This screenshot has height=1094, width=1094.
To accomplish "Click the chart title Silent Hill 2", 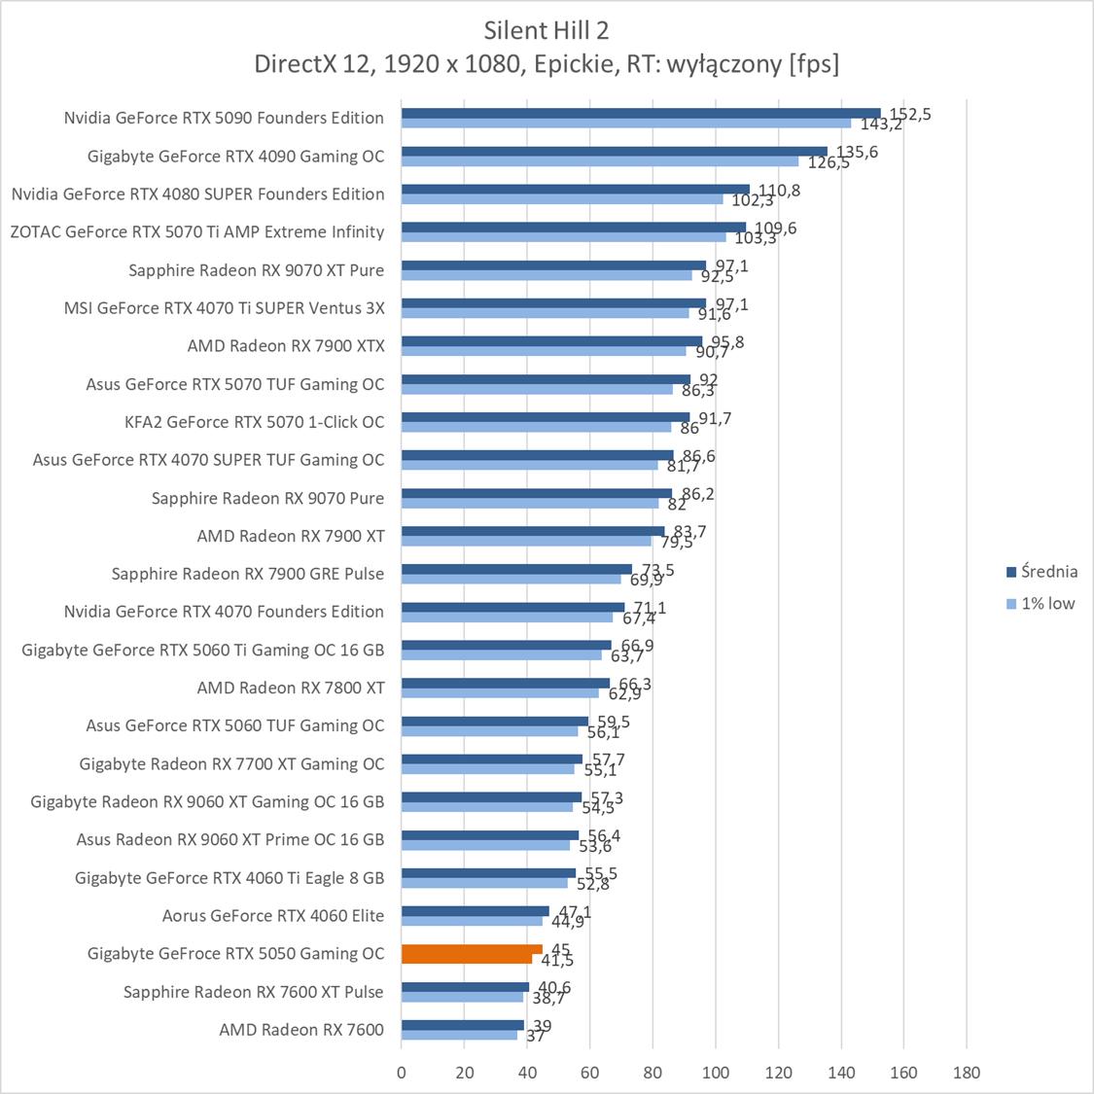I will [x=547, y=30].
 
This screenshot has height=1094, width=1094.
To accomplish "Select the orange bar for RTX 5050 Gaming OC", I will [x=472, y=950].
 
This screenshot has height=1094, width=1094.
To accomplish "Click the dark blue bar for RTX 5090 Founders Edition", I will [x=640, y=113].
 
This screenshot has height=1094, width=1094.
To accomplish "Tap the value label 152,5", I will [x=910, y=114].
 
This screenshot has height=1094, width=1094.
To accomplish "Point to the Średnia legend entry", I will [x=1041, y=572].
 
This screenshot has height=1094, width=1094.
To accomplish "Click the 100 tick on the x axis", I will [x=716, y=1073].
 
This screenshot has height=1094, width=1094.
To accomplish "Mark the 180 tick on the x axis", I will [x=967, y=1073].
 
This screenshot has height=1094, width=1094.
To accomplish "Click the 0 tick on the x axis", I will [x=402, y=1073].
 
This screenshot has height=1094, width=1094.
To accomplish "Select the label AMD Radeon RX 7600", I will [x=301, y=1030].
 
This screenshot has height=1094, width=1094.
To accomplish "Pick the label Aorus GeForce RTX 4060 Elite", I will [x=273, y=916].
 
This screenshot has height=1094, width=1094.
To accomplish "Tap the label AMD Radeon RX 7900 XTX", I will [x=286, y=346].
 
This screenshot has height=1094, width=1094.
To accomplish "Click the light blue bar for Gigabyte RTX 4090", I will [x=599, y=161].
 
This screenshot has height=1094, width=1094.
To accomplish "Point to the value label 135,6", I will [x=858, y=152].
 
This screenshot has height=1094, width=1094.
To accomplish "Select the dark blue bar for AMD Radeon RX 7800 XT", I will [x=505, y=684].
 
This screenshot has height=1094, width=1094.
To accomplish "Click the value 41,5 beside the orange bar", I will [x=557, y=961].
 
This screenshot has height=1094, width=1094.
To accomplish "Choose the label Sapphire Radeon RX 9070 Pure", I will [x=267, y=498].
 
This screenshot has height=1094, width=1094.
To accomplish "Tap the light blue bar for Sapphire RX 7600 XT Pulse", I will [x=462, y=997].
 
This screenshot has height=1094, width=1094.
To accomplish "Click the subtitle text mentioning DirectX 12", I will [x=547, y=64].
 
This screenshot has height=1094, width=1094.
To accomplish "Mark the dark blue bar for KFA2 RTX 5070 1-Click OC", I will [x=545, y=417].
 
